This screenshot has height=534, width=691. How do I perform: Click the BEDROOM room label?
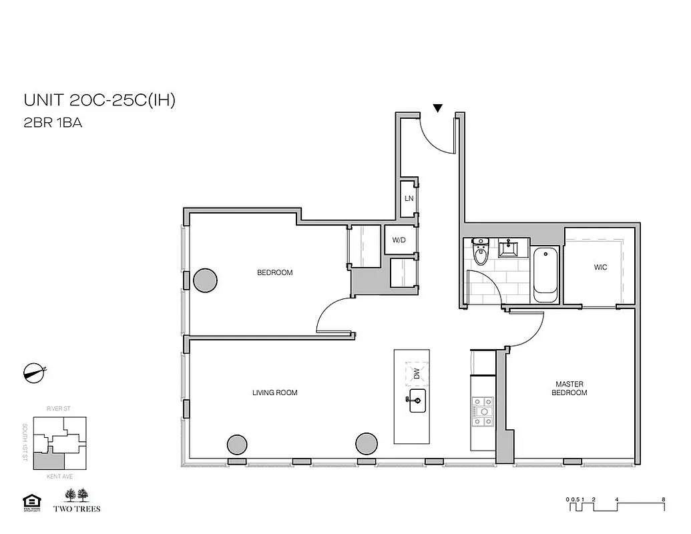pos(275,273)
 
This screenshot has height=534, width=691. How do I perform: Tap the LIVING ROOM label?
pos(275,393)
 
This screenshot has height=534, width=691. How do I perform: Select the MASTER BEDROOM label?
pos(569,388)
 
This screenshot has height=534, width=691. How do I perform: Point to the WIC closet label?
pos(600,267)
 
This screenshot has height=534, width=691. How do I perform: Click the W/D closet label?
pos(399,240)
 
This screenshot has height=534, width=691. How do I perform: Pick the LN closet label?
pos(409,198)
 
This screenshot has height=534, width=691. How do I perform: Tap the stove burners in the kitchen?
pos(482,411)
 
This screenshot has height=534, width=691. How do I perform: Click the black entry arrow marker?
pos(437,108)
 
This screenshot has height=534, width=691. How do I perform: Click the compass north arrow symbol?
pos(33,373)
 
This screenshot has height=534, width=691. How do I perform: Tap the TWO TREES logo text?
pos(81,509)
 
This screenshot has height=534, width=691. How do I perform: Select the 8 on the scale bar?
pos(662,499)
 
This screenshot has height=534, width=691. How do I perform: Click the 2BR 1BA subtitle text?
pos(53,123)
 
